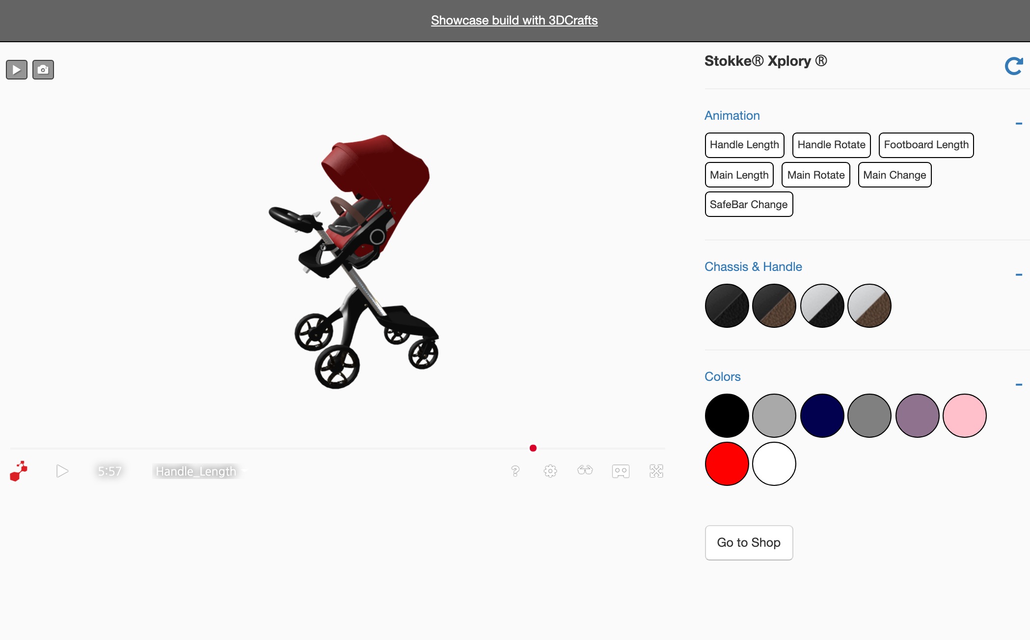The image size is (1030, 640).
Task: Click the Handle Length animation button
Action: [744, 145]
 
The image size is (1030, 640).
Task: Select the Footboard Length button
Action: [926, 145]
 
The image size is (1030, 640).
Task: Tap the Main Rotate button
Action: [815, 175]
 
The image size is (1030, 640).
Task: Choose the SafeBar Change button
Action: [749, 204]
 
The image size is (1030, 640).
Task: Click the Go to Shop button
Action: [749, 542]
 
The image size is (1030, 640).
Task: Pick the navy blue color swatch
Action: [822, 415]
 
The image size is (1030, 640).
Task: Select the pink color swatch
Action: [964, 415]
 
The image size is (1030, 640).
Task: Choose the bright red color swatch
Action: [727, 463]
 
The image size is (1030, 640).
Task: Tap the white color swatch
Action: [774, 463]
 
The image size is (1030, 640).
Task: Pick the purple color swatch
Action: [917, 415]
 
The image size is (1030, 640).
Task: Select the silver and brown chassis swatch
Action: [869, 305]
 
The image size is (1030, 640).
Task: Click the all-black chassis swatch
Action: [727, 305]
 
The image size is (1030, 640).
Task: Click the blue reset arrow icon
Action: [1013, 66]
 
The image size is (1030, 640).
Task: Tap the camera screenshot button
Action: [43, 70]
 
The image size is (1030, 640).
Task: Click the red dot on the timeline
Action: [533, 448]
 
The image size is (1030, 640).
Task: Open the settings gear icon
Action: [550, 471]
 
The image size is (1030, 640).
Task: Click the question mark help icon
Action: [515, 471]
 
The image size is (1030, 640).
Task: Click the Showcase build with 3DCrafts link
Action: [514, 20]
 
